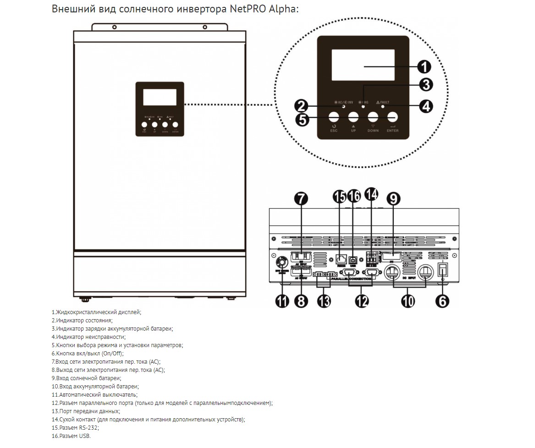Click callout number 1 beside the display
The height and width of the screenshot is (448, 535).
tap(424, 67)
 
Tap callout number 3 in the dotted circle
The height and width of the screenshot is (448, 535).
tap(426, 84)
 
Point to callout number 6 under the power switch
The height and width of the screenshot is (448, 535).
tap(442, 301)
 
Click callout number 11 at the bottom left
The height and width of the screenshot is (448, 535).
tap(282, 301)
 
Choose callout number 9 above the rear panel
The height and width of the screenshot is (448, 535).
tap(393, 198)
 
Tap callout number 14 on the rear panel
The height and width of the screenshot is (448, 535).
tap(371, 194)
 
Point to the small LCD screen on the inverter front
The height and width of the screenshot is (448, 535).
tap(160, 96)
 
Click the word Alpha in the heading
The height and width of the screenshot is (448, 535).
tap(286, 9)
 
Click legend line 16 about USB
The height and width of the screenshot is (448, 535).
tap(72, 436)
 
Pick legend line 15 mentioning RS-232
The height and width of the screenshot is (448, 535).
tap(75, 427)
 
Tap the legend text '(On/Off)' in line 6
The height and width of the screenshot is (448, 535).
tap(112, 354)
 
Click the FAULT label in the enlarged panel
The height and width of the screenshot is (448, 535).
tap(385, 102)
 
